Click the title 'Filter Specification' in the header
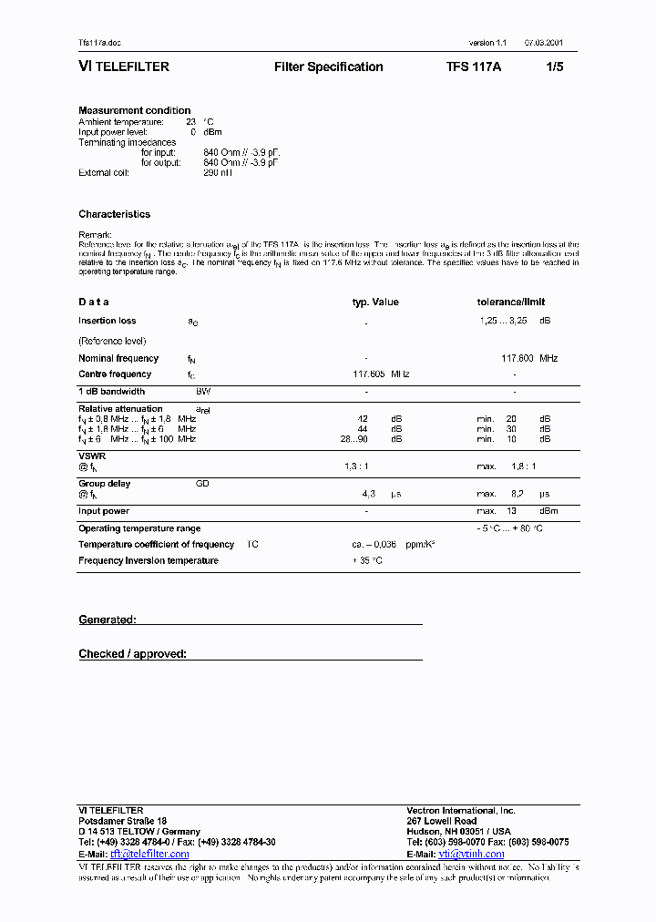tap(328, 67)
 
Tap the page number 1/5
tap(555, 67)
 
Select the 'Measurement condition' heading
tap(134, 110)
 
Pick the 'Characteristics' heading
tap(114, 214)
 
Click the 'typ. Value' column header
tap(375, 302)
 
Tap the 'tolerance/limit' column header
tap(511, 302)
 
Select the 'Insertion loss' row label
tap(107, 321)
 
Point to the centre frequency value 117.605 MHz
tap(381, 374)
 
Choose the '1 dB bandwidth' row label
tap(111, 391)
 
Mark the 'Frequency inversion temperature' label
tap(148, 560)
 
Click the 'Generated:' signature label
tap(108, 620)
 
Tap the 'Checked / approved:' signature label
tap(132, 653)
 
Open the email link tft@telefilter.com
tap(149, 854)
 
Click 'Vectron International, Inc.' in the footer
tap(460, 810)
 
